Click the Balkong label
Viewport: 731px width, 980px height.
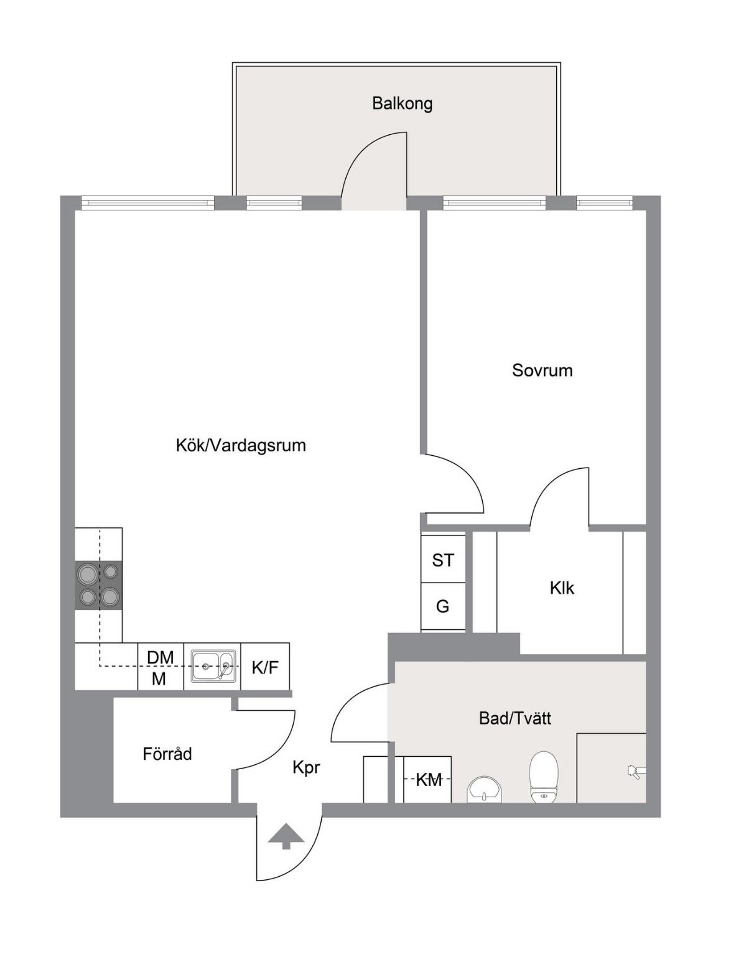[x=402, y=104]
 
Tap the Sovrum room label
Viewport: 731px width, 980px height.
[x=542, y=370]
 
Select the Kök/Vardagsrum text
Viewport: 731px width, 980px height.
[x=241, y=446]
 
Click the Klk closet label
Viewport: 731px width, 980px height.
[x=562, y=588]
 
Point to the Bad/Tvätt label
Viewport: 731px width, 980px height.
[x=515, y=718]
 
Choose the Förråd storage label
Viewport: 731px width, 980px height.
[x=167, y=754]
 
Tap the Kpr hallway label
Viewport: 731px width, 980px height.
[x=306, y=769]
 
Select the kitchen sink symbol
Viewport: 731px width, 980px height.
[x=213, y=666]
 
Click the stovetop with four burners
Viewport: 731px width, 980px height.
[x=98, y=585]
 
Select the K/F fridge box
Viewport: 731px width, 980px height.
[x=265, y=667]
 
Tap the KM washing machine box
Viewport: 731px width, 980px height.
[x=427, y=780]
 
